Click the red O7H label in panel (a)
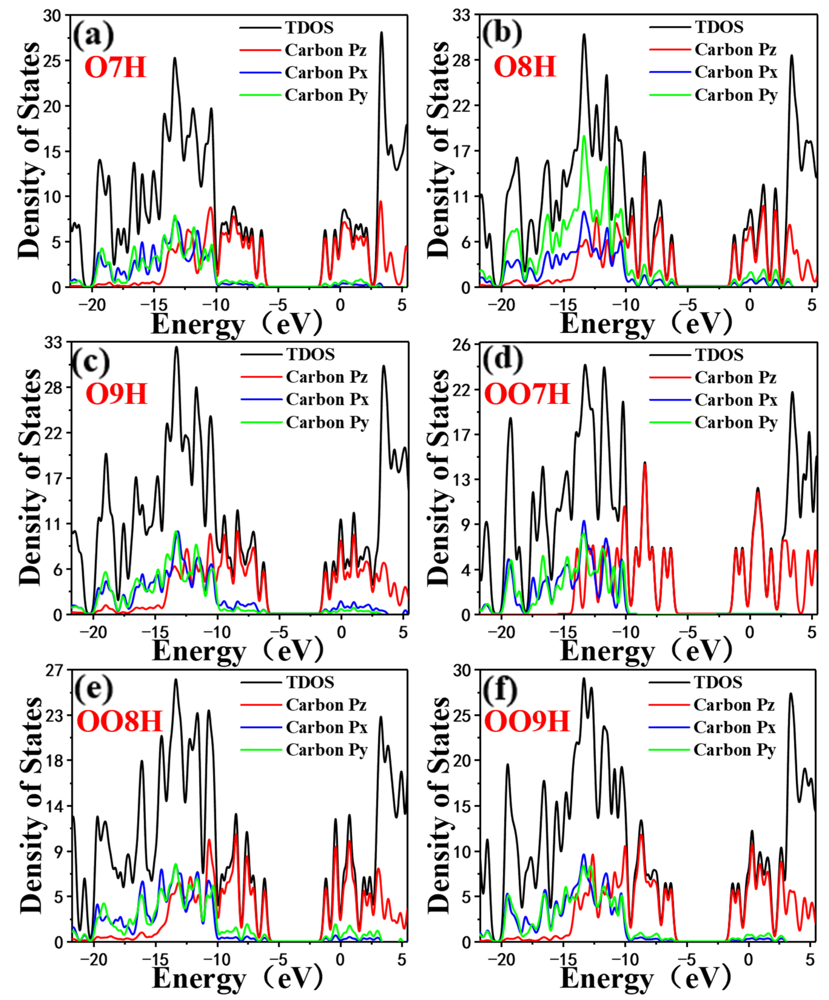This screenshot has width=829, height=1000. click(115, 67)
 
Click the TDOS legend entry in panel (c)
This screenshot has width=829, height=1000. click(310, 354)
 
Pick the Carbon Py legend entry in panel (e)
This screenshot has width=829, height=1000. click(327, 750)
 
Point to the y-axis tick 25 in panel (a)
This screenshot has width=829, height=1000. click(52, 61)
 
